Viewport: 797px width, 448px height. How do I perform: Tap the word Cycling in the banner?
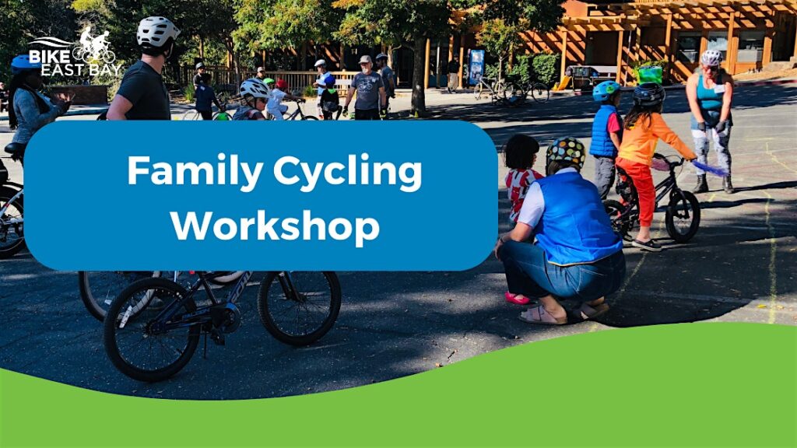click(348, 173)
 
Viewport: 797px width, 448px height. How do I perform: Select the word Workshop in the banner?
click(275, 226)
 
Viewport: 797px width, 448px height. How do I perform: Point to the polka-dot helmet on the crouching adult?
click(565, 152)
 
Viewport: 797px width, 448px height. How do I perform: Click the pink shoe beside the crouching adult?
click(517, 298)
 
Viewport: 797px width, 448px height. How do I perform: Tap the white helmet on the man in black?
click(157, 31)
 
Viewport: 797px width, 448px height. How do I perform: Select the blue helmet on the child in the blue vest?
click(606, 91)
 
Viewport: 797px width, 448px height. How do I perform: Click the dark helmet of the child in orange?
click(648, 94)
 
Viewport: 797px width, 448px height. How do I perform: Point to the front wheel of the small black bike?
click(682, 216)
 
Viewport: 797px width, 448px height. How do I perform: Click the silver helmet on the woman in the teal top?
click(711, 58)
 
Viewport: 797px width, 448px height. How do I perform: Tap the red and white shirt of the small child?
click(519, 191)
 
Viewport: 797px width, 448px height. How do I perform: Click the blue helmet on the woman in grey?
click(24, 62)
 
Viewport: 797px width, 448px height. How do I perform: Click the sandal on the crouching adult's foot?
click(542, 316)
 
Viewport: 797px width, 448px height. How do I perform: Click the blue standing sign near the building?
click(476, 67)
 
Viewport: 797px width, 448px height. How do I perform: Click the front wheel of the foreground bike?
click(152, 329)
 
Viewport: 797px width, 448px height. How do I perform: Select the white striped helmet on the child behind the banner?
click(255, 89)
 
